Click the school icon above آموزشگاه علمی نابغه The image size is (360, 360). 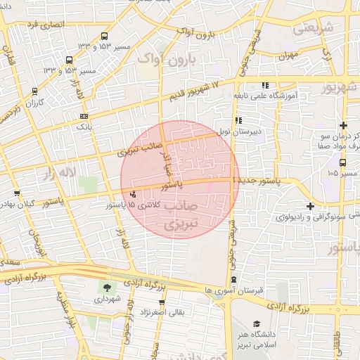click(x=264, y=86)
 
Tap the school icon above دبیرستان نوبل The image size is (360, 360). click(x=239, y=119)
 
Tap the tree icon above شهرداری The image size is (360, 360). click(x=107, y=288)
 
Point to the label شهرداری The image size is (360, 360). click(x=108, y=299)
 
